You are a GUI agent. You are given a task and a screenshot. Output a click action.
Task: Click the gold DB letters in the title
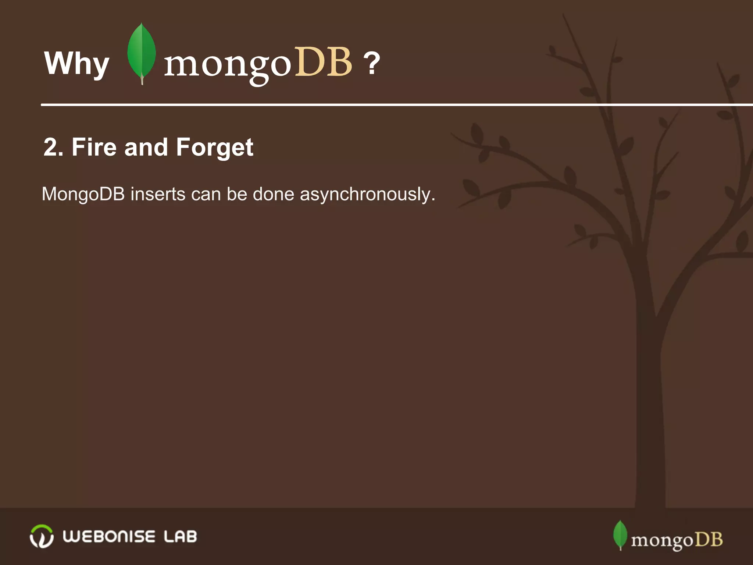coord(324,63)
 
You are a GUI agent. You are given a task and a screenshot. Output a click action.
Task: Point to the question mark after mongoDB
coord(372,63)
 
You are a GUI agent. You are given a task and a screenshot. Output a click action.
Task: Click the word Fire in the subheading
coord(94,147)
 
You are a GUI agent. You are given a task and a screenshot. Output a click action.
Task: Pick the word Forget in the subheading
coord(215,148)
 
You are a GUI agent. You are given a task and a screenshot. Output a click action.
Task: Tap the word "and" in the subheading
coord(146,147)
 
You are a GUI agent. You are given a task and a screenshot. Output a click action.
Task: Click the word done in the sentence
coord(274,194)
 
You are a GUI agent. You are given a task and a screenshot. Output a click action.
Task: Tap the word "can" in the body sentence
coord(206,194)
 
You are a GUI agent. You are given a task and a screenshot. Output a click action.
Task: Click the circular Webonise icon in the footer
coord(42,536)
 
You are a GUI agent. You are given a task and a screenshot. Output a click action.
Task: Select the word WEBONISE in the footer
coord(109,536)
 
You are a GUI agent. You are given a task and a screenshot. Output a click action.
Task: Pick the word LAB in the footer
coord(180,536)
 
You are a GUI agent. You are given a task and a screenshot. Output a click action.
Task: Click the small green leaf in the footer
coord(620,534)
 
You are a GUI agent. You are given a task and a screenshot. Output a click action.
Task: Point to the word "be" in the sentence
coord(237,194)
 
